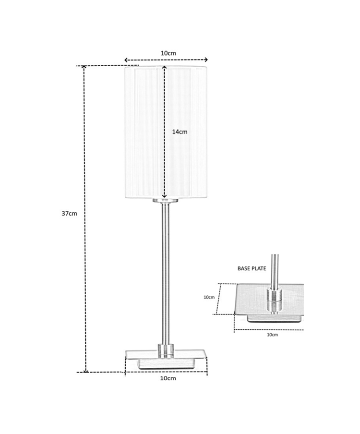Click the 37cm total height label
[69, 214]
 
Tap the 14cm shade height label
[180, 132]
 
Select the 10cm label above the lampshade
[168, 53]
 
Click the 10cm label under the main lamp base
[168, 378]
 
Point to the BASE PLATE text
[252, 268]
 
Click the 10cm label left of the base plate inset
[209, 297]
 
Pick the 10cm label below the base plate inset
[272, 335]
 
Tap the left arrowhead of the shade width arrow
[126, 60]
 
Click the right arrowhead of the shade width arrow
[206, 60]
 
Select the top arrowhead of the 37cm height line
[84, 67]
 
